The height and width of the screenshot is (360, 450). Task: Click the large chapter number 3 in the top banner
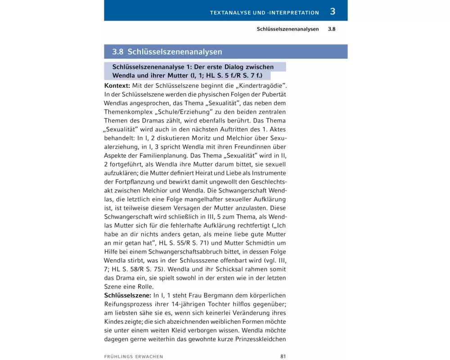(x=333, y=12)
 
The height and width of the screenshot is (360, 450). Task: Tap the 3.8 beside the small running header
(x=332, y=29)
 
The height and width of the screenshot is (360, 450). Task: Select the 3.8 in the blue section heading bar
(x=118, y=52)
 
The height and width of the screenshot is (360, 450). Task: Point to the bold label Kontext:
(x=117, y=85)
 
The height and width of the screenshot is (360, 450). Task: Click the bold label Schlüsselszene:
(x=128, y=296)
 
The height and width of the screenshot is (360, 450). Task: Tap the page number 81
(x=283, y=356)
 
